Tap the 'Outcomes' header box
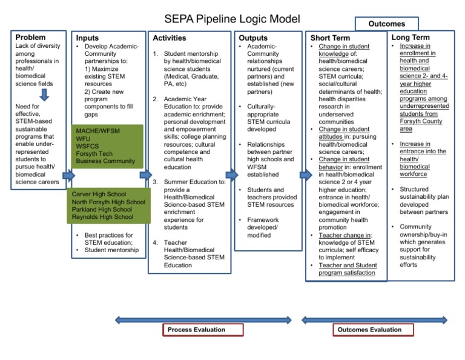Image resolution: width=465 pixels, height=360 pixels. click(x=387, y=24)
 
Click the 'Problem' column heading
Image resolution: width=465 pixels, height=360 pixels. click(x=30, y=38)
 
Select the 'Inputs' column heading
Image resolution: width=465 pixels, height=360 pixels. click(x=88, y=38)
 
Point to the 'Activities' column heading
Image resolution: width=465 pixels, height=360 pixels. click(x=170, y=38)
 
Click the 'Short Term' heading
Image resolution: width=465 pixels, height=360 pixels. click(x=330, y=38)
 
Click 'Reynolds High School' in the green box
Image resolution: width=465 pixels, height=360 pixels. click(x=102, y=217)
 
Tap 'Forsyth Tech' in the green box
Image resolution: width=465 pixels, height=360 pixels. click(x=94, y=154)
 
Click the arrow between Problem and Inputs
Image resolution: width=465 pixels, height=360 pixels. click(x=68, y=175)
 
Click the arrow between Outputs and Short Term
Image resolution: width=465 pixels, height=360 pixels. click(x=305, y=175)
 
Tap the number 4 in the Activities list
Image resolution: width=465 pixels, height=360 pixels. click(x=155, y=242)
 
